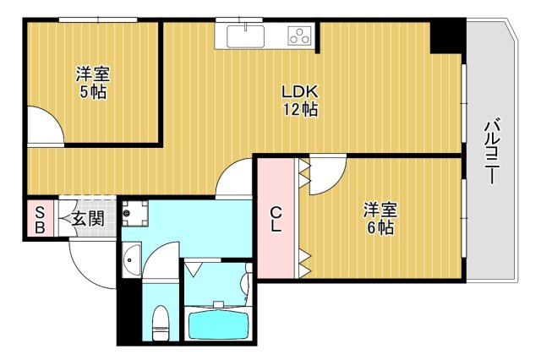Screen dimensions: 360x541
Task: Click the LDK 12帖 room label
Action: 300,101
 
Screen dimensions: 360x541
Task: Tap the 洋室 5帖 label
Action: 93,83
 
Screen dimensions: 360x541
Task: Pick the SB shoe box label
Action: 39,220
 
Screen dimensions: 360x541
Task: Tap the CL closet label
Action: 276,219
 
